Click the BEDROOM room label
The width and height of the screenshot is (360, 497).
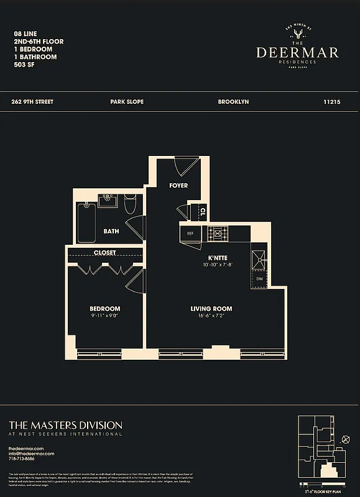click(x=105, y=309)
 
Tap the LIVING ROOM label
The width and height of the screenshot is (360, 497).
click(x=211, y=309)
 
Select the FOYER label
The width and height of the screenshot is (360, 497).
click(x=178, y=186)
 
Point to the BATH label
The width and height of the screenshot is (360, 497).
click(x=111, y=232)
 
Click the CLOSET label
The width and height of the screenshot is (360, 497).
click(x=105, y=253)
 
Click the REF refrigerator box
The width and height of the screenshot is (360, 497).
click(x=191, y=234)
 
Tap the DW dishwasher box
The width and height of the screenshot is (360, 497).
click(x=259, y=279)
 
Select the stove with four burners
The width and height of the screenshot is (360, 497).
click(x=218, y=234)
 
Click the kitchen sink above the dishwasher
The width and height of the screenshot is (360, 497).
click(x=259, y=257)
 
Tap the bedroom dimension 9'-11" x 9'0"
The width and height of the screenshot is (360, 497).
click(x=105, y=316)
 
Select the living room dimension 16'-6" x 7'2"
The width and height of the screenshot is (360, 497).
click(x=211, y=316)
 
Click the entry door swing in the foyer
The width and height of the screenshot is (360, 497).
click(x=185, y=166)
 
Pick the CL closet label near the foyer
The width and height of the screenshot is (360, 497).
click(x=203, y=212)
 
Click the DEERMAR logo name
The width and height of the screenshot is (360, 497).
click(x=297, y=52)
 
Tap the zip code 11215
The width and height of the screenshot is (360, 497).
click(x=333, y=101)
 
